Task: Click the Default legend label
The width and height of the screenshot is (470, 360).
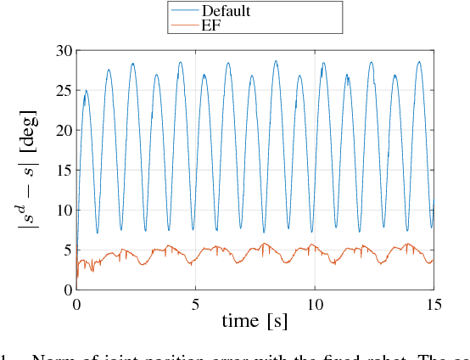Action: coord(226,11)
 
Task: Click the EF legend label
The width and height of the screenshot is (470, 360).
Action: coord(211,25)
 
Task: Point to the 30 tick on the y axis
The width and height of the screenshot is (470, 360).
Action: coord(62,50)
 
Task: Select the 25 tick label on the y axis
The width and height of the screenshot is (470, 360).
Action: coord(62,90)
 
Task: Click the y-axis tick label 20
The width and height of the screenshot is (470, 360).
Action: coord(62,130)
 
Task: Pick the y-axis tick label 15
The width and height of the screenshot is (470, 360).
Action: coord(62,170)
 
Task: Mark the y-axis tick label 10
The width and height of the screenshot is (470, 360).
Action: coord(62,210)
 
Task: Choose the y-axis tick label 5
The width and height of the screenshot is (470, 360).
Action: coord(66,250)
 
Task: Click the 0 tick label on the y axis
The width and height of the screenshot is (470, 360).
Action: coord(66,290)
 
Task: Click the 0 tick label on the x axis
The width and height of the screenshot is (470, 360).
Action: coord(77,303)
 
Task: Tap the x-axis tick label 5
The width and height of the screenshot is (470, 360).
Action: coord(196,303)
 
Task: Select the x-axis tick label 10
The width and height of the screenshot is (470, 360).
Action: coord(315,303)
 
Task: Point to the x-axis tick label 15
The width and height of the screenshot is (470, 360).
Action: coord(434,303)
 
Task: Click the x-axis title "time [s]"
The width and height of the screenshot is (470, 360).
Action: coord(255,321)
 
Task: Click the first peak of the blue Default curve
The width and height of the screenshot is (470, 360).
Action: coord(86,90)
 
